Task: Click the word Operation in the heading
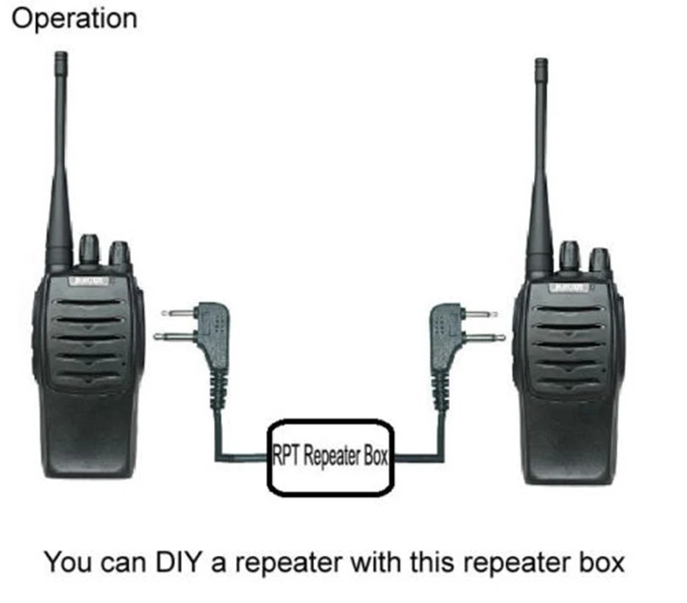74,18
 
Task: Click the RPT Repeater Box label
331,456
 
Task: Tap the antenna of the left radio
61,153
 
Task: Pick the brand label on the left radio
89,282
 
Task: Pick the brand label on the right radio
569,288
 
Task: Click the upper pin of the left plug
177,312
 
